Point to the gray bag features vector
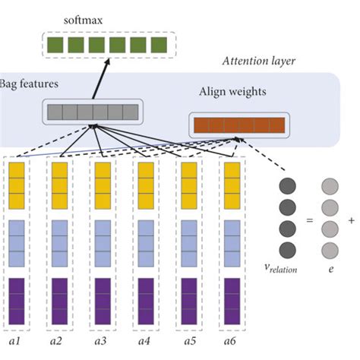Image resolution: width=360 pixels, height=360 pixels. pyautogui.click(x=93, y=113)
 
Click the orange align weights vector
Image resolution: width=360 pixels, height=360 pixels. pyautogui.click(x=238, y=125)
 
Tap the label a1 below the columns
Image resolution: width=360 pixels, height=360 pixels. pyautogui.click(x=13, y=343)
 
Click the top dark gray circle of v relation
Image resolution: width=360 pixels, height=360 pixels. pyautogui.click(x=288, y=187)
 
